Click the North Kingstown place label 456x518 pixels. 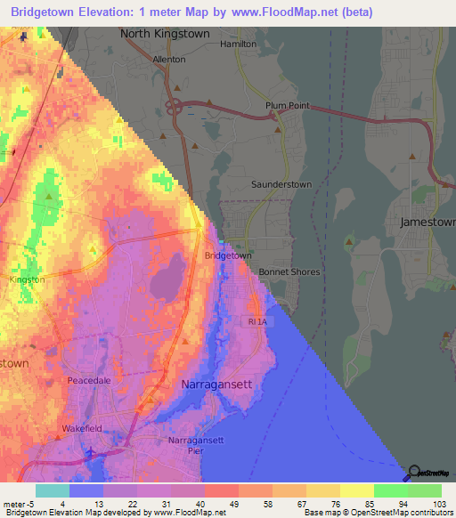point(165,34)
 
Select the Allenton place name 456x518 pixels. point(169,59)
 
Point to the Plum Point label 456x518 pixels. point(287,105)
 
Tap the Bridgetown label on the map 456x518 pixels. point(228,255)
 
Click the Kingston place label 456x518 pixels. point(26,279)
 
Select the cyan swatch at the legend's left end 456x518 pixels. point(52,490)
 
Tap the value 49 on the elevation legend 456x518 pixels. point(208,503)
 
